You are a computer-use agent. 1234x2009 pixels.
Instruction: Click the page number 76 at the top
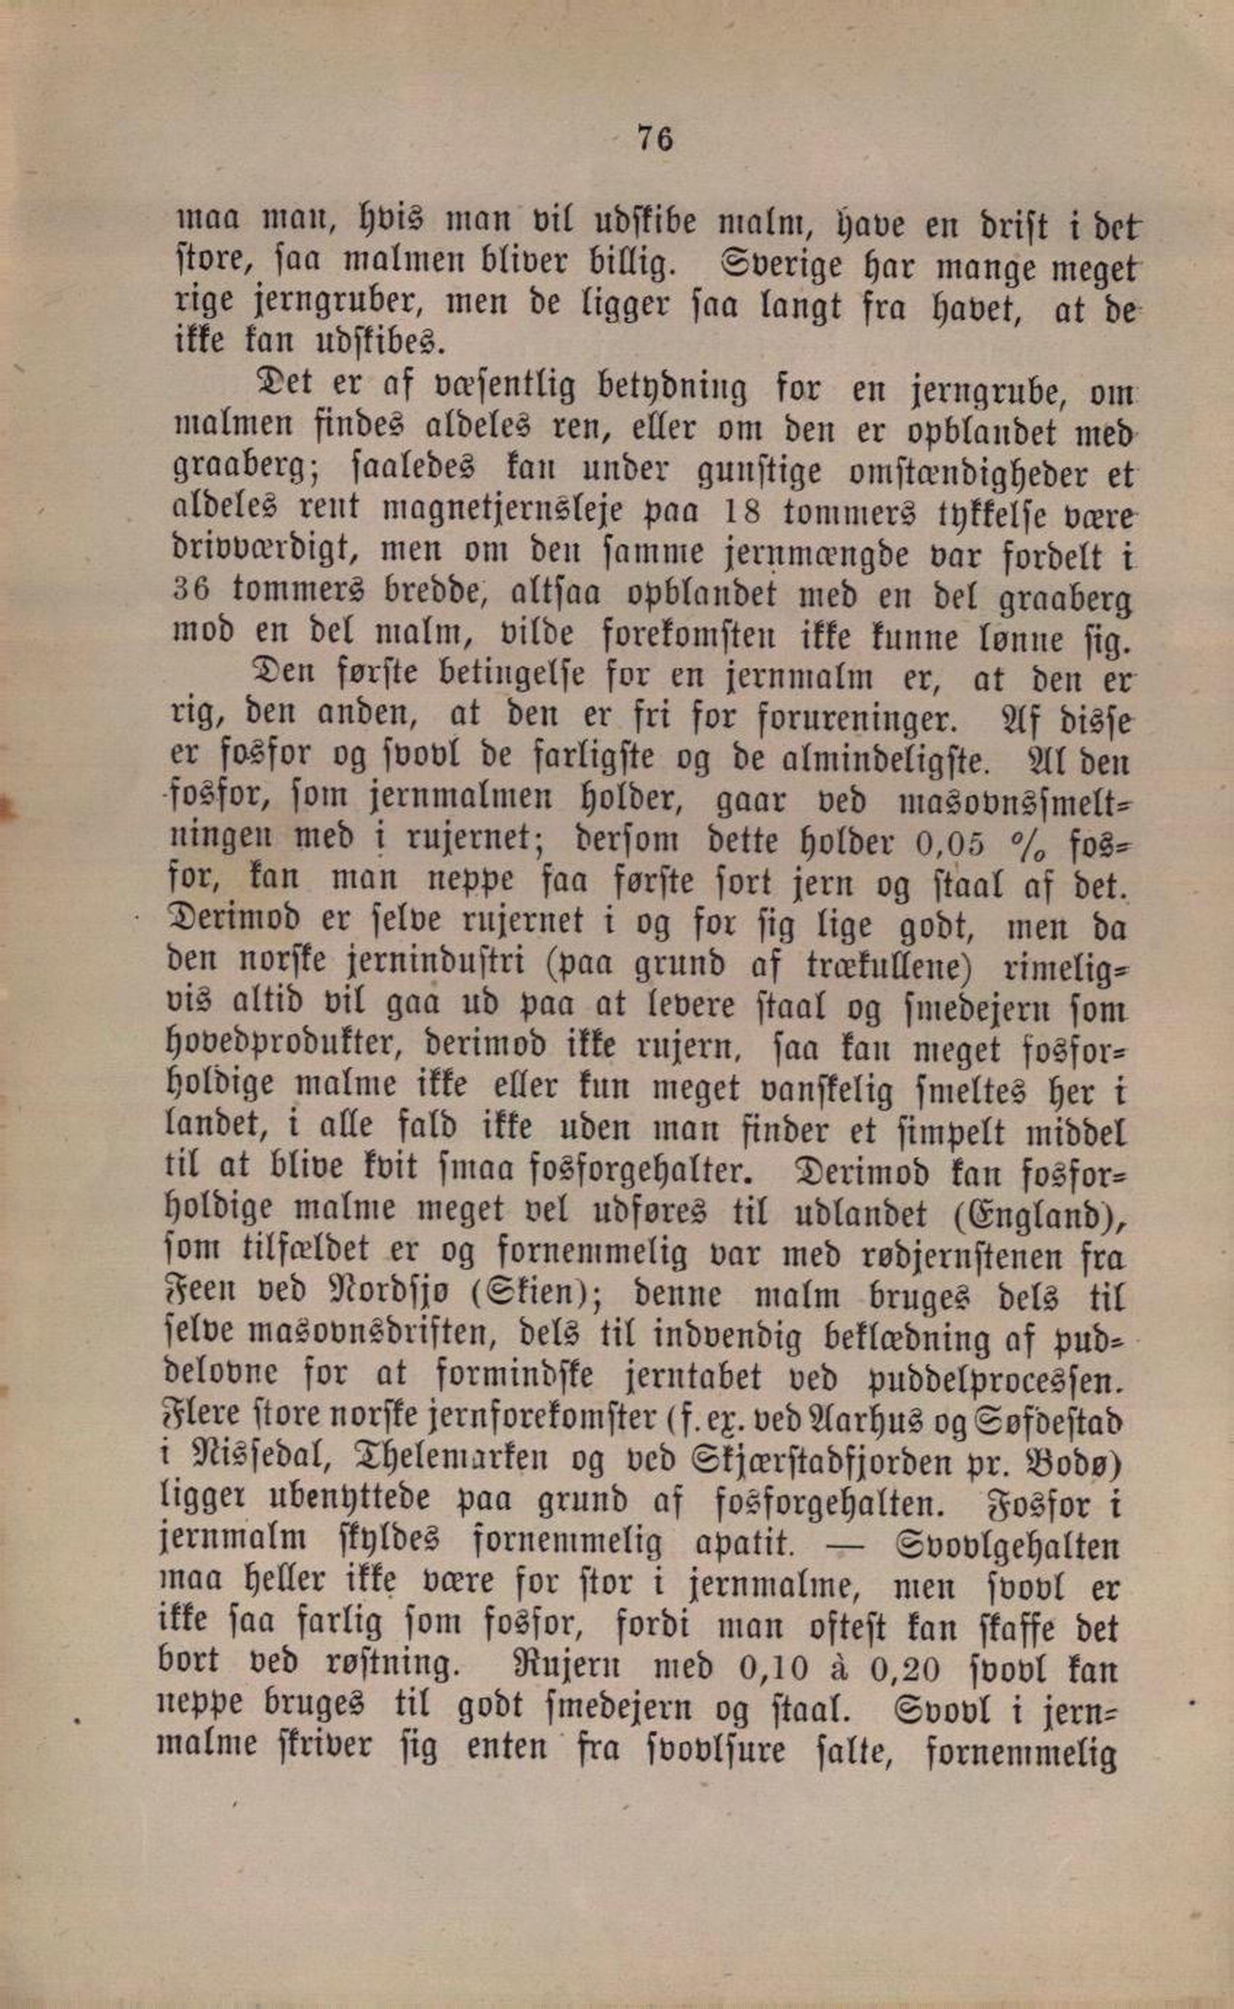[x=655, y=138]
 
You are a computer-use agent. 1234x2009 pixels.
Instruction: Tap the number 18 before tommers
[x=744, y=512]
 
